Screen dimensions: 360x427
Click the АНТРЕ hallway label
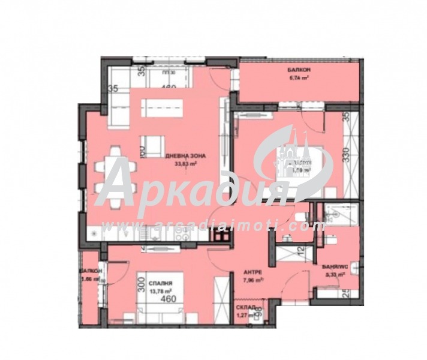[x=252, y=271]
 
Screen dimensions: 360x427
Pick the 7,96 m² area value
[x=252, y=279]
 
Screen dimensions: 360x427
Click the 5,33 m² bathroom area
[x=334, y=274]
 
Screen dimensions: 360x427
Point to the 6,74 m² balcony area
[x=299, y=77]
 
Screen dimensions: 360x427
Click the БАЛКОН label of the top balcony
[x=299, y=68]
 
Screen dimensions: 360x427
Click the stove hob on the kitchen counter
[x=220, y=236]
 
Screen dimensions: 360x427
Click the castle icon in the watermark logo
[x=293, y=153]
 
